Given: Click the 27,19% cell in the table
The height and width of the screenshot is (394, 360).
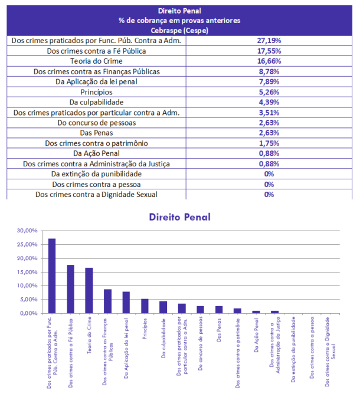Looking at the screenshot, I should coord(269,41).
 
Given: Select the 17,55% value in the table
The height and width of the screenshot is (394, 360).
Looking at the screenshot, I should coord(269,51).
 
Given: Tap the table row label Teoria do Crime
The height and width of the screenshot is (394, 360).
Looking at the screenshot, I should coord(96,61).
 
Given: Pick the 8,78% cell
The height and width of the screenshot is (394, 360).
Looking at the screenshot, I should coord(269,71).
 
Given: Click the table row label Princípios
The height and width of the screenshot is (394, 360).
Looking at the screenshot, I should coord(96,92).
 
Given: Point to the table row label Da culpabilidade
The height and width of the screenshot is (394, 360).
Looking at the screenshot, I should coord(96,102).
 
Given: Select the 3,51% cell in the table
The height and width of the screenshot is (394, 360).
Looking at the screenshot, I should coord(269,112).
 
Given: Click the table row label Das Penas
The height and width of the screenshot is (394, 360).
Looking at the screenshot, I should coord(96,133).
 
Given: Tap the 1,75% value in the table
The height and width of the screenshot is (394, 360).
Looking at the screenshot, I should coord(269,143).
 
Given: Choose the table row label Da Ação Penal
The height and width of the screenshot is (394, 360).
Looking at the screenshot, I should coord(96,153).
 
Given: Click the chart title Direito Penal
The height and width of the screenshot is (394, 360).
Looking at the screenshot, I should coord(179,217).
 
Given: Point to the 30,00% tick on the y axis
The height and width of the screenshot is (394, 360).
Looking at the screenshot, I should coord(27,231).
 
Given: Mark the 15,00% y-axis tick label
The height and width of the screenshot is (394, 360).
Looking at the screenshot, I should coord(27,272).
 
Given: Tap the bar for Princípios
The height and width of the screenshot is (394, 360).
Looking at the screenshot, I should coord(144,306).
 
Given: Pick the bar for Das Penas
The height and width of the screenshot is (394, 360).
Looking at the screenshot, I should coord(218,309).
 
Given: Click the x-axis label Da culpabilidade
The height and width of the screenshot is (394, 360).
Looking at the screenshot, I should coord(163,334).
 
